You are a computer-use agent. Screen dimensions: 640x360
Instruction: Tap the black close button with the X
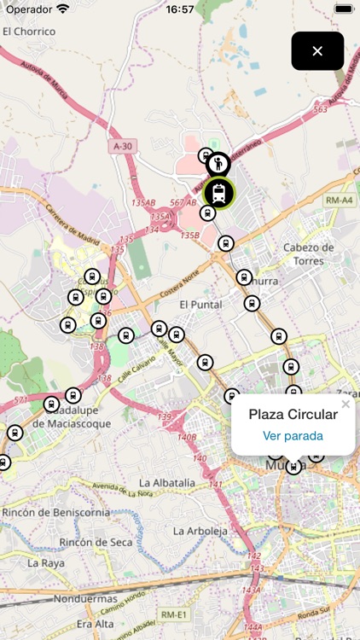click(317, 51)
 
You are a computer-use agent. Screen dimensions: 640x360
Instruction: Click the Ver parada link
click(293, 436)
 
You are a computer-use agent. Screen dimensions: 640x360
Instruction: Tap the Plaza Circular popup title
click(293, 415)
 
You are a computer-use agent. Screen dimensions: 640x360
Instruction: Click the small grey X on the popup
click(345, 404)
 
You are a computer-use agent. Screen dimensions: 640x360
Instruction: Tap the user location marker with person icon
click(219, 163)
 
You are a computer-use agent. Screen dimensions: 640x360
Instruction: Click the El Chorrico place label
click(29, 32)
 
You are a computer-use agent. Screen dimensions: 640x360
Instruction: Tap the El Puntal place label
click(200, 304)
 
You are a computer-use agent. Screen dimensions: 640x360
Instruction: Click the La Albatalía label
click(166, 483)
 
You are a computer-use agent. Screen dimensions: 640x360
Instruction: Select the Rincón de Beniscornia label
click(56, 512)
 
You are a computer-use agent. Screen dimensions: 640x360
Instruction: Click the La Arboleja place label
click(201, 530)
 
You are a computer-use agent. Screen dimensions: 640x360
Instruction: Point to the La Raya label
click(45, 563)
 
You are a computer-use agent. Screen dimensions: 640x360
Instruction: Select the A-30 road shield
click(122, 147)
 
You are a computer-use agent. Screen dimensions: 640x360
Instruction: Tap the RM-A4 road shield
click(340, 201)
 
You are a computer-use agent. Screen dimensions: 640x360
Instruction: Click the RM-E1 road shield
click(173, 614)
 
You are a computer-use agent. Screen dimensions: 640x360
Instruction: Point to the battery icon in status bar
click(344, 9)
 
